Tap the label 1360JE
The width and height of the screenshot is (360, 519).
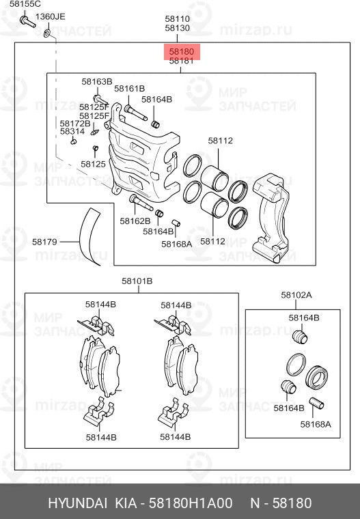pyautogui.click(x=51, y=16)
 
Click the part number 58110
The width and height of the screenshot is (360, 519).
pyautogui.click(x=177, y=19)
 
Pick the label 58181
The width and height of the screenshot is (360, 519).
pyautogui.click(x=182, y=61)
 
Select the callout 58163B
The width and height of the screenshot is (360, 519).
pyautogui.click(x=96, y=82)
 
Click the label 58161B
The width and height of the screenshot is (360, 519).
pyautogui.click(x=129, y=89)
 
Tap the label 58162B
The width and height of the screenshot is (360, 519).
pyautogui.click(x=134, y=221)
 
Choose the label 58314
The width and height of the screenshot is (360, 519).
pyautogui.click(x=72, y=132)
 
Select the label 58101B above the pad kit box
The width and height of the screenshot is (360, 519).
pyautogui.click(x=137, y=281)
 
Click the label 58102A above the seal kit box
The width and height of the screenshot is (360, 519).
pyautogui.click(x=296, y=295)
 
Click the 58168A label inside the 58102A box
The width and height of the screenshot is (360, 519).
pyautogui.click(x=315, y=424)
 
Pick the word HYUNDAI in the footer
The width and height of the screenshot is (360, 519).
pyautogui.click(x=77, y=503)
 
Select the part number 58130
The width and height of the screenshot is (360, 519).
pyautogui.click(x=177, y=29)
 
